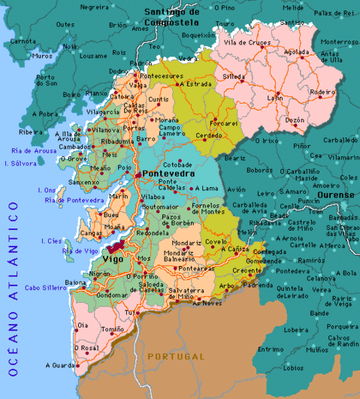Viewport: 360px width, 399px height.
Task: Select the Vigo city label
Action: pos(111,259)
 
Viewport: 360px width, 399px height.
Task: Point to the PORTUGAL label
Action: pos(176,355)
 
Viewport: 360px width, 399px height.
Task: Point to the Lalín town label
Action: pos(276,98)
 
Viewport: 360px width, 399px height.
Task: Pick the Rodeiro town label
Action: pos(322,92)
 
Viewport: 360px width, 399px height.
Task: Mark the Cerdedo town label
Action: pos(209,135)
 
